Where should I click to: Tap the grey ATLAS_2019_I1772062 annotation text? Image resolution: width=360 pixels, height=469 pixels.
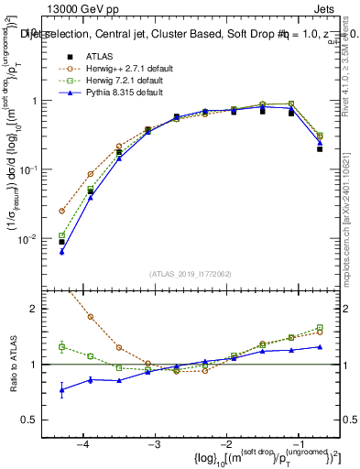tap(191, 273)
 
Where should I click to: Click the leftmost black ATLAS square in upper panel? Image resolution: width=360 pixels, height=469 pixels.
tap(61, 242)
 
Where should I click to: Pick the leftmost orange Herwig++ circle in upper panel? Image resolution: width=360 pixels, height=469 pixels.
tap(61, 211)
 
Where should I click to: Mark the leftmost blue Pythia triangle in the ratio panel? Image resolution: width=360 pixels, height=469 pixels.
tap(61, 390)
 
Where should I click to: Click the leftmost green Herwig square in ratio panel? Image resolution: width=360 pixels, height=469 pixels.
tap(61, 346)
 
